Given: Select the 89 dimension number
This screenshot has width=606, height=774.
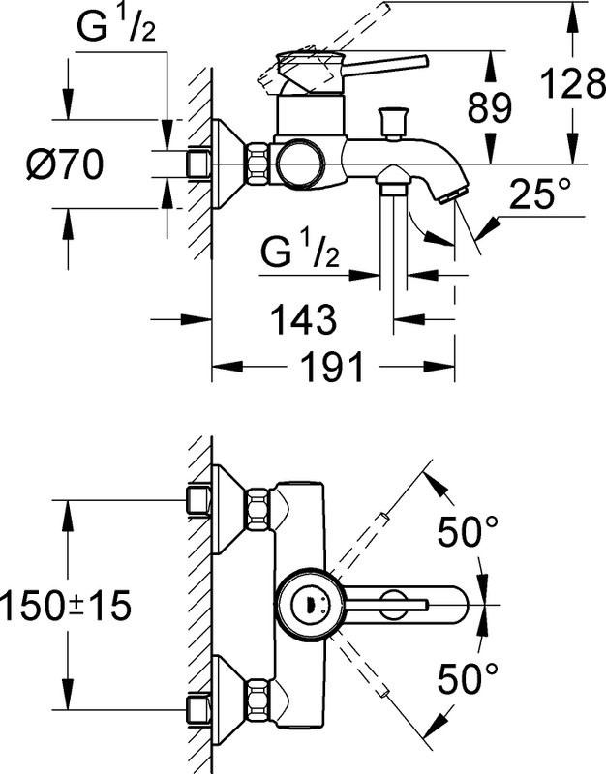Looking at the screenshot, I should [x=488, y=109].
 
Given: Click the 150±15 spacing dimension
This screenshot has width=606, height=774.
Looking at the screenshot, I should [x=66, y=607].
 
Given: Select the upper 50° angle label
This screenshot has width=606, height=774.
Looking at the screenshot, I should [x=468, y=531].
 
